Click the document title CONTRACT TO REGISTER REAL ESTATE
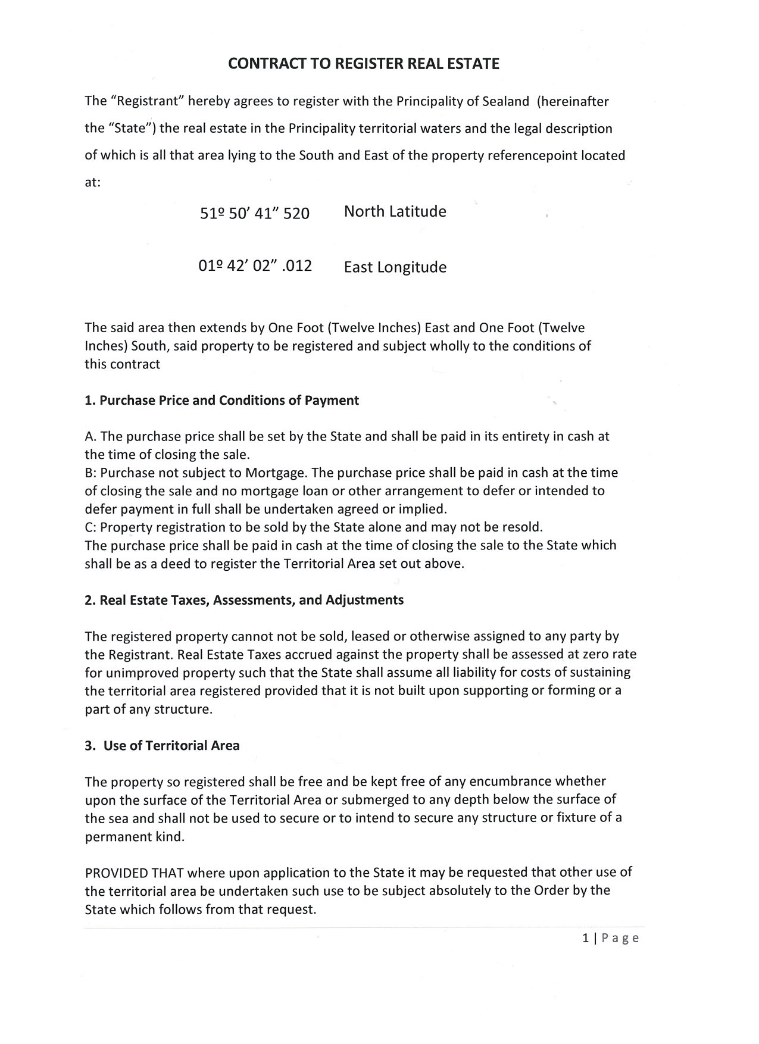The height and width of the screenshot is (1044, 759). [364, 64]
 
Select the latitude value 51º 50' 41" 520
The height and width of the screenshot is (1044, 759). [255, 213]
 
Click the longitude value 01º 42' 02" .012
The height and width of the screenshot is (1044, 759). [255, 265]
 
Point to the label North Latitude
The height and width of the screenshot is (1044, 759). [395, 211]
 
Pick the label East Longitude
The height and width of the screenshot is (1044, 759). [395, 267]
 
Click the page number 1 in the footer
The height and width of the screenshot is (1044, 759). [586, 939]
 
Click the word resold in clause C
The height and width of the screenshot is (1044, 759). [522, 527]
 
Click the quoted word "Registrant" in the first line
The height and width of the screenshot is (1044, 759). [145, 101]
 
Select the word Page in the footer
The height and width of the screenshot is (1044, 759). [620, 939]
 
